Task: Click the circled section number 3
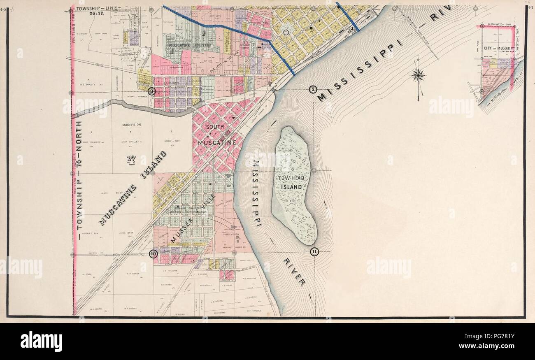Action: pyautogui.click(x=152, y=91)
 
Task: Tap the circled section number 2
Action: pyautogui.click(x=313, y=89)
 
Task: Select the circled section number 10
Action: pyautogui.click(x=154, y=254)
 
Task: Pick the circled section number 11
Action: pyautogui.click(x=315, y=252)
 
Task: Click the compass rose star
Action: pyautogui.click(x=418, y=75)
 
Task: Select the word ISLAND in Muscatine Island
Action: pyautogui.click(x=153, y=166)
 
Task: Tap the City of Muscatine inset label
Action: pyautogui.click(x=499, y=49)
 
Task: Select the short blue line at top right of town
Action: pyautogui.click(x=348, y=16)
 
